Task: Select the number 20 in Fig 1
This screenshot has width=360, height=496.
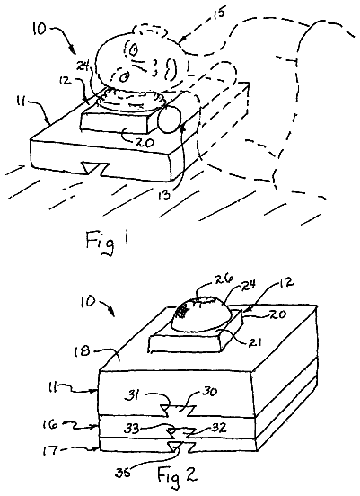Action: click(x=145, y=142)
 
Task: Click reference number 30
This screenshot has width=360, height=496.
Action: click(x=209, y=391)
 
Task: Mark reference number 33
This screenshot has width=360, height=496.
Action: click(x=132, y=430)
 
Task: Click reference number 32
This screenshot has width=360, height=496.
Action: click(x=218, y=428)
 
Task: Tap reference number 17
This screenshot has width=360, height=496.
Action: click(x=50, y=450)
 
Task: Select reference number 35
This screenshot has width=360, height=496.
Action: click(x=123, y=474)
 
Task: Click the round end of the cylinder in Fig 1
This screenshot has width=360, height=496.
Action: click(x=169, y=120)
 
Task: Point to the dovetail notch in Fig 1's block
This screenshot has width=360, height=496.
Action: click(x=95, y=168)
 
